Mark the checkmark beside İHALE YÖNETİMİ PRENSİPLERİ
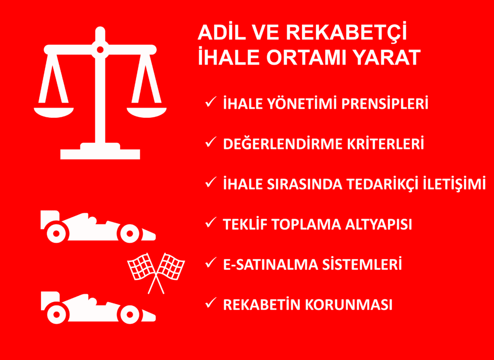click(211, 102)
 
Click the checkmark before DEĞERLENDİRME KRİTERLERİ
click(211, 142)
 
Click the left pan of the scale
click(54, 112)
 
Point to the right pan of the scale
click(147, 112)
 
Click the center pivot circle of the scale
click(100, 49)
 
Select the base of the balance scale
click(100, 152)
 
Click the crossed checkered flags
click(156, 270)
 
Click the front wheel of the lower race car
click(129, 315)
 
